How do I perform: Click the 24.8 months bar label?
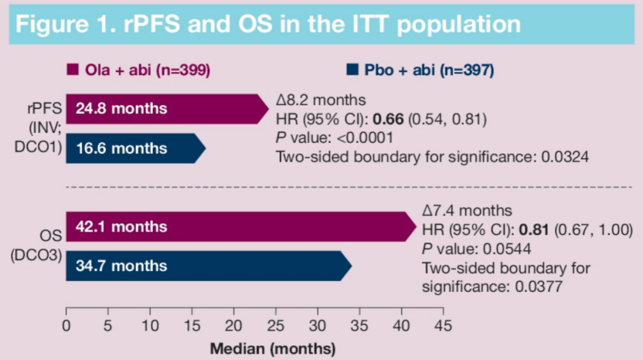click(x=121, y=109)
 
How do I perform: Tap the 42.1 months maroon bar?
click(x=238, y=227)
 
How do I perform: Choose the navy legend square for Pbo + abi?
click(x=352, y=70)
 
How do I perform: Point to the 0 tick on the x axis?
click(x=66, y=325)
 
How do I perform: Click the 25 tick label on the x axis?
click(x=276, y=325)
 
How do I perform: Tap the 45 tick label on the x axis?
click(x=443, y=325)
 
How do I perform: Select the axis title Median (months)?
click(x=273, y=348)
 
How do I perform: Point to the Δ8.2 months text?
click(x=321, y=100)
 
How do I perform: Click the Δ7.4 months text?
click(x=467, y=210)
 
